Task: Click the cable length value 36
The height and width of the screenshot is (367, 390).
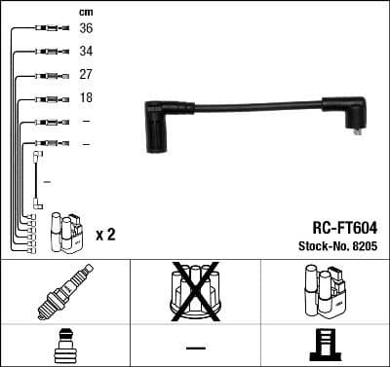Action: point(86,29)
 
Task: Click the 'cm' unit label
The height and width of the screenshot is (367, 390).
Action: point(85,12)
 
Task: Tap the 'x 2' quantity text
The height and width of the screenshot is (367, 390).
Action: point(106,236)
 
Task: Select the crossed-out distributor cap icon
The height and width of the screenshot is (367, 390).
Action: point(195,290)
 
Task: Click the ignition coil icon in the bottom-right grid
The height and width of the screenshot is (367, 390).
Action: point(324,290)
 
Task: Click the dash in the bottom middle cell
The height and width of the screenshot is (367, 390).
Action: point(195,347)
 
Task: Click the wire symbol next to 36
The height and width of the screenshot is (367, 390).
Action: point(49,29)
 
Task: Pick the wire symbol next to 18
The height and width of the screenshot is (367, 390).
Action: point(49,99)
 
